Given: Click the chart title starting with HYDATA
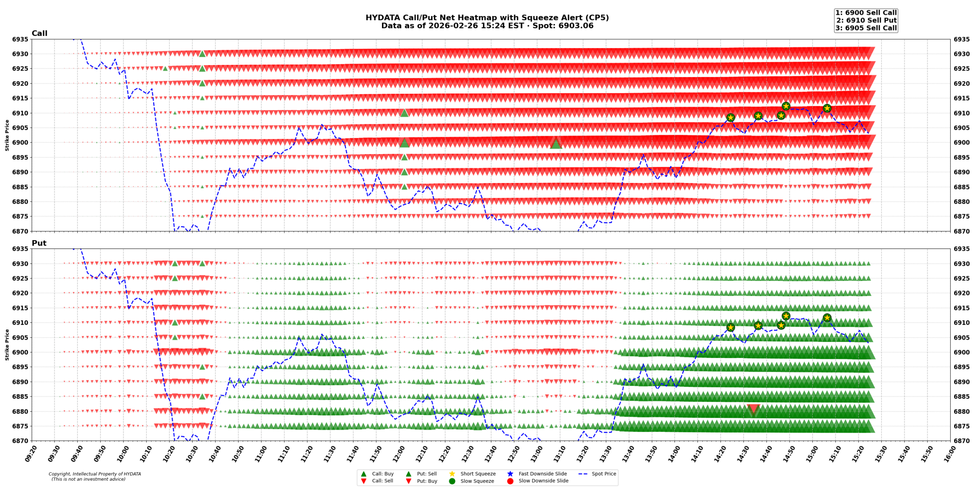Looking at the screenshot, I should (x=487, y=18).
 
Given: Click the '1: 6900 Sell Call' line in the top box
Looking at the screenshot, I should (x=866, y=13).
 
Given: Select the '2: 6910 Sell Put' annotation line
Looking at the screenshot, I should (x=866, y=20).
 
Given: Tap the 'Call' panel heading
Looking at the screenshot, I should (x=39, y=33).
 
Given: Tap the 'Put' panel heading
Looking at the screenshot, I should (x=39, y=243).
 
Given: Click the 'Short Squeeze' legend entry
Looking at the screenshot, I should (x=478, y=474).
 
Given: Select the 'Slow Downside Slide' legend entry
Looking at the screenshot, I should (x=543, y=481).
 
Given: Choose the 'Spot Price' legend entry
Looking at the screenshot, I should (x=604, y=474).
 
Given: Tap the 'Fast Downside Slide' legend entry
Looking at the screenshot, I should (x=542, y=474).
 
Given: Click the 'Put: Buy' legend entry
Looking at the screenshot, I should (x=427, y=481).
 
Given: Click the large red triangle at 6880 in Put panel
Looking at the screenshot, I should (x=753, y=409).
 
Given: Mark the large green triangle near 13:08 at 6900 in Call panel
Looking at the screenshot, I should (x=556, y=144).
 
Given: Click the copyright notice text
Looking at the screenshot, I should (x=94, y=476).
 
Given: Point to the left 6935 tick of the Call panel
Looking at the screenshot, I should (x=20, y=39).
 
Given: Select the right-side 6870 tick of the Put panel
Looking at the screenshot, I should (x=962, y=441).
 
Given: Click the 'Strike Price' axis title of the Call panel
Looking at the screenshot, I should (x=7, y=135).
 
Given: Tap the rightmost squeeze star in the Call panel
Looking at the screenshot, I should (x=827, y=108).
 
